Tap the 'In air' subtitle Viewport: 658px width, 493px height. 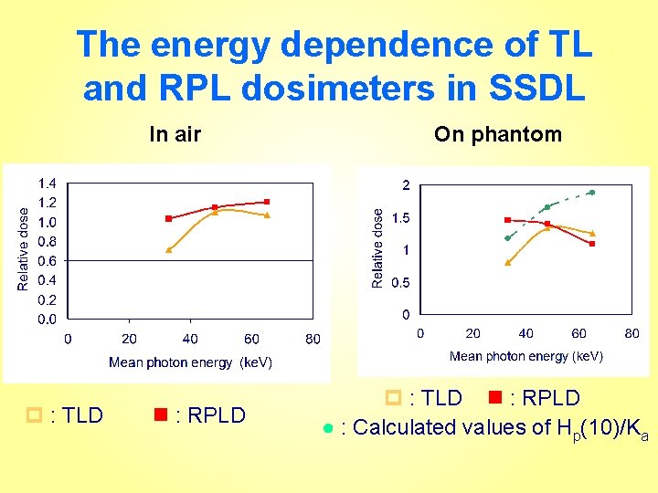[175, 135]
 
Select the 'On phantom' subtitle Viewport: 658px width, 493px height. [498, 135]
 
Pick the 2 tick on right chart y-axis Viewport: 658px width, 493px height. [406, 185]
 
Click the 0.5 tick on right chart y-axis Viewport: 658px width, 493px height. [400, 283]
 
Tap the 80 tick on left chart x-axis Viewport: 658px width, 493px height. [313, 339]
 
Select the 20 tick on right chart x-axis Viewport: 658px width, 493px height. [472, 333]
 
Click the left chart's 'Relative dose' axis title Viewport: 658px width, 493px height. [23, 248]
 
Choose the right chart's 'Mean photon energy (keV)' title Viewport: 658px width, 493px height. [525, 356]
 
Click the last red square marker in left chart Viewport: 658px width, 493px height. [267, 202]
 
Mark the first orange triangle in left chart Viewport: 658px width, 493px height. [168, 249]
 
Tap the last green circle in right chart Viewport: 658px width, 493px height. [591, 193]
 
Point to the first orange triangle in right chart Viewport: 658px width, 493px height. [508, 262]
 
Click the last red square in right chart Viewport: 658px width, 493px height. [592, 244]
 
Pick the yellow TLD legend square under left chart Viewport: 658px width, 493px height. [37, 415]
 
